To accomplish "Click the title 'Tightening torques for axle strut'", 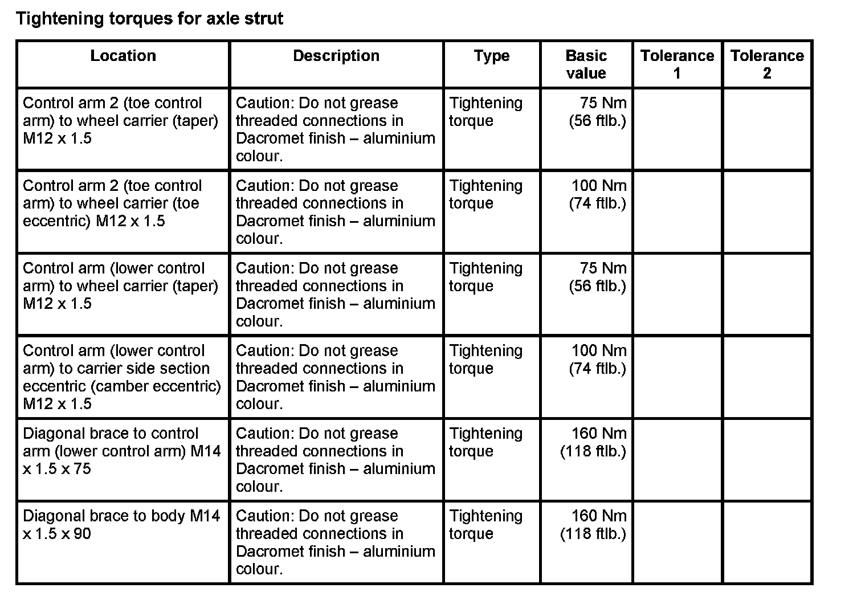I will click(149, 19).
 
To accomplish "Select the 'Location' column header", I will click(123, 56).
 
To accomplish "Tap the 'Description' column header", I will click(336, 56).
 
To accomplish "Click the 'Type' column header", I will click(491, 56).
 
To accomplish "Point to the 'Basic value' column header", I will click(586, 64).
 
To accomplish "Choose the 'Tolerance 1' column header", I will click(677, 64).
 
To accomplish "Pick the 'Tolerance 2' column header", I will click(767, 64).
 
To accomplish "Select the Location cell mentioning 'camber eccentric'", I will click(121, 377).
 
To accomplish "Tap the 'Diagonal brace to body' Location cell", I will click(121, 525).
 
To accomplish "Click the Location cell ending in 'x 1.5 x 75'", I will click(121, 451).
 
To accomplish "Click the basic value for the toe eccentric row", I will click(598, 194).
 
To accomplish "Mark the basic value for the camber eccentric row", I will click(598, 360).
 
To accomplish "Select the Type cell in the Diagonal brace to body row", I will click(485, 525).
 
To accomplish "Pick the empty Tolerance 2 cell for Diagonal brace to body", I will click(767, 542).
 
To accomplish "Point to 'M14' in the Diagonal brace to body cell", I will click(205, 516).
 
